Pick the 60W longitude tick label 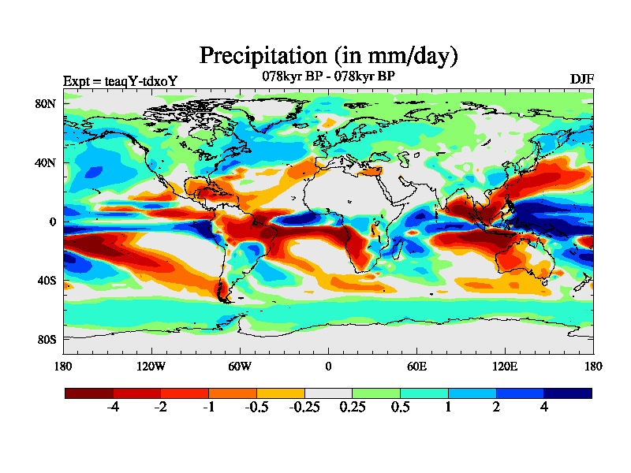(240, 366)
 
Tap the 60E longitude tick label (416, 366)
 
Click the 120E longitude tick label (505, 366)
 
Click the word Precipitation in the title (262, 56)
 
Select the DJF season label (581, 80)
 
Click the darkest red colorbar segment (89, 393)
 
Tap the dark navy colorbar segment (567, 393)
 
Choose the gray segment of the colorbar (328, 393)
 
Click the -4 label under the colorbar (112, 408)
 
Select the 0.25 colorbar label (352, 408)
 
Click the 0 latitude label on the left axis (52, 222)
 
